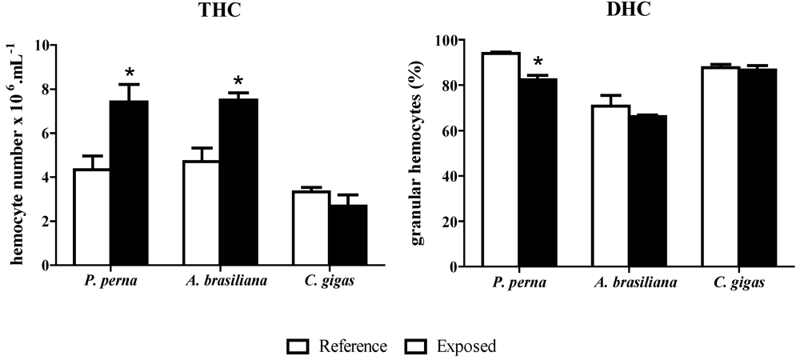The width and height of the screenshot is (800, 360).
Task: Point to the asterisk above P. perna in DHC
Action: pos(538,62)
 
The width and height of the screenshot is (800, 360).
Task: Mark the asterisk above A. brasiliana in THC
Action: pos(238,82)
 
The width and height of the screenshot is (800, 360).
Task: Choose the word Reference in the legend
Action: pos(353,346)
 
